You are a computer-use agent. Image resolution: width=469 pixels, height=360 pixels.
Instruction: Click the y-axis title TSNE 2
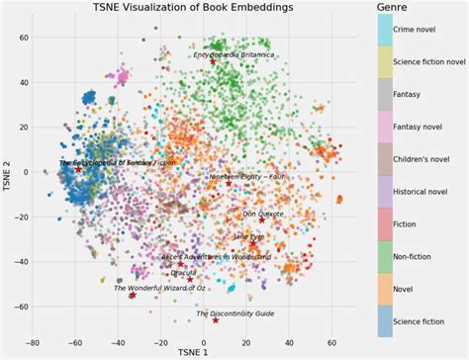tap(8, 172)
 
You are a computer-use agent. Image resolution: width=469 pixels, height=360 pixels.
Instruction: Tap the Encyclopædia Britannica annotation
tap(233, 55)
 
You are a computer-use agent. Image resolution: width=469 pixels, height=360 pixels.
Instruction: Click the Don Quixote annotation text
tap(263, 214)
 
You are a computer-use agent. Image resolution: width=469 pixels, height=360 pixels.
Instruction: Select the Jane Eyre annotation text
tap(249, 236)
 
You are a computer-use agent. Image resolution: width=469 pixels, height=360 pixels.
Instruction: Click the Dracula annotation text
tap(183, 273)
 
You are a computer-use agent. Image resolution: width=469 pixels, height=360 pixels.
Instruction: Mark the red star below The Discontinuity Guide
tap(216, 319)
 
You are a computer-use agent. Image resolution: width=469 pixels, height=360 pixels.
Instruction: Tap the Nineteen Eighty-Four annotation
tap(246, 177)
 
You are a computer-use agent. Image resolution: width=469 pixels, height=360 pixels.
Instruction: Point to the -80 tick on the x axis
tap(33, 342)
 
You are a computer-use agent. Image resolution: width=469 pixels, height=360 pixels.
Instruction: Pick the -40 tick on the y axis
tap(21, 261)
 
